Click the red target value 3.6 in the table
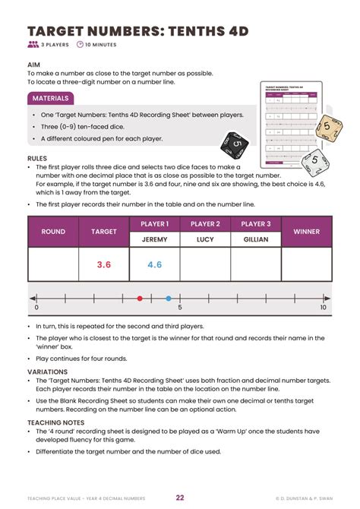click(104, 264)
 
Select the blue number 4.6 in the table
click(155, 264)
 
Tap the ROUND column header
click(53, 231)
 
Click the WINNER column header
click(307, 231)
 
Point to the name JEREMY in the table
click(155, 239)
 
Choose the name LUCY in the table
click(205, 239)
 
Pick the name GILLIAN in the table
click(256, 239)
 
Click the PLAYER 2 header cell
click(205, 224)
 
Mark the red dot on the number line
click(139, 299)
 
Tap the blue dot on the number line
click(168, 299)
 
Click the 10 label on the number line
click(323, 308)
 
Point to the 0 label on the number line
click(36, 308)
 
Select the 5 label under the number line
click(179, 308)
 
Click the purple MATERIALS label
click(51, 98)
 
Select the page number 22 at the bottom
click(180, 498)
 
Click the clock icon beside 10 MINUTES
click(80, 45)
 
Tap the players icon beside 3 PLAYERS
click(33, 45)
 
